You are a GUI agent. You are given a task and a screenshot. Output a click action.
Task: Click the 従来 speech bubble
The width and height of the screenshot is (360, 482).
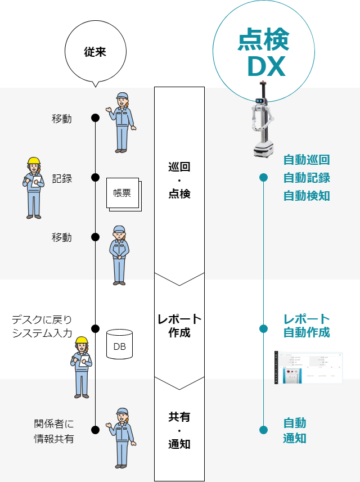pos(94,52)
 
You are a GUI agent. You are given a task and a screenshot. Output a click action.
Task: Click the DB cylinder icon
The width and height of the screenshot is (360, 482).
pos(120,345)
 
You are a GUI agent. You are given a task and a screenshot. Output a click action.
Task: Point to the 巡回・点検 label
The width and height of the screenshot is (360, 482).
pos(179,180)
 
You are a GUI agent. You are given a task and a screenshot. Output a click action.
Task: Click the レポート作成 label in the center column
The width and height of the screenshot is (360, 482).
pos(179,326)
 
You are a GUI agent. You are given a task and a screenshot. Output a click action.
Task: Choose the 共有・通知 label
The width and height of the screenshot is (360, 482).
pos(179,430)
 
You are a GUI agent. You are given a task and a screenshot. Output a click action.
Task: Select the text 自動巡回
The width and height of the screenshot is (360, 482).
pos(307,160)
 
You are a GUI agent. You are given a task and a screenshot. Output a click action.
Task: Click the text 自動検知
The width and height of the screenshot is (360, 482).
pos(307,196)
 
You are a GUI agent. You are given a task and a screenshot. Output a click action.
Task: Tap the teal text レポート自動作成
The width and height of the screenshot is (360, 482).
pos(307,326)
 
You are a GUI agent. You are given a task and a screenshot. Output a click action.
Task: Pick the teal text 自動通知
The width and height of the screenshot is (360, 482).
pos(295,430)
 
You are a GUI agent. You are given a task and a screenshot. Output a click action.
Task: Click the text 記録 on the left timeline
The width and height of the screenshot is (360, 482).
pos(62,178)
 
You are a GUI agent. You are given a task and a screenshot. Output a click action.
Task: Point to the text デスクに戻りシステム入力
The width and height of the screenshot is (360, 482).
pos(42,326)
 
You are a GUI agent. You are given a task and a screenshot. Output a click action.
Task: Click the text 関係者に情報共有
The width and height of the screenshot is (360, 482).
pos(54,431)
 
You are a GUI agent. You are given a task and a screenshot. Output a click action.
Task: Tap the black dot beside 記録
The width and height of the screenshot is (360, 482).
pos(95,178)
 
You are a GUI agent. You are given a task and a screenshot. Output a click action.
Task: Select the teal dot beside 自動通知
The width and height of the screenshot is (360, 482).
pos(263,430)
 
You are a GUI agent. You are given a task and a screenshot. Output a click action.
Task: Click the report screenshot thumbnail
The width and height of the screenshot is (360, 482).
pos(308,368)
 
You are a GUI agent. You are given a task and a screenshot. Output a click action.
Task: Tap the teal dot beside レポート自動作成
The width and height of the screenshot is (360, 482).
pos(263,328)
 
